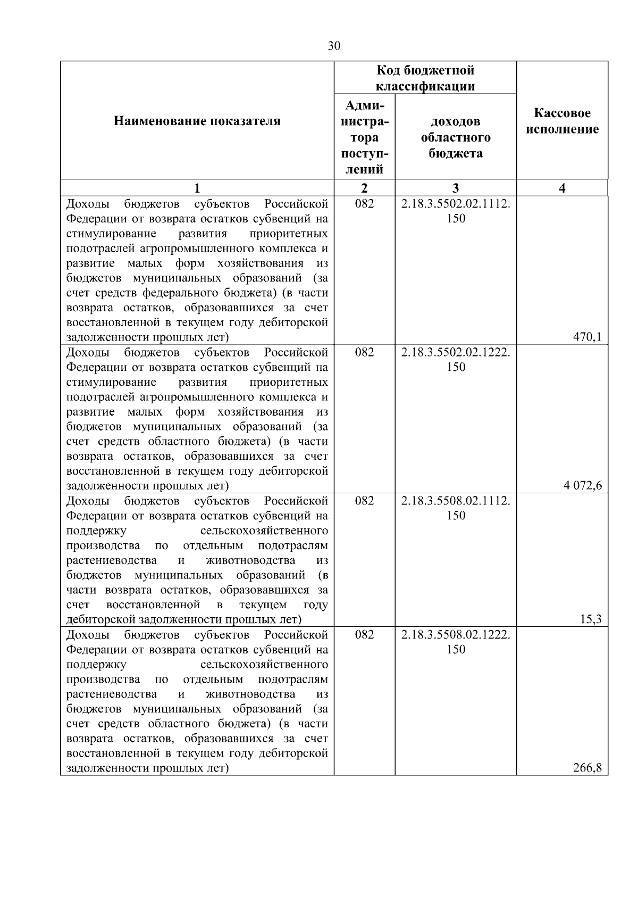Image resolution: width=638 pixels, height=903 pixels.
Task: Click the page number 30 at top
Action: coord(334,46)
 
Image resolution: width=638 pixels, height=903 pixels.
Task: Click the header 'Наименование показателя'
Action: coord(197,121)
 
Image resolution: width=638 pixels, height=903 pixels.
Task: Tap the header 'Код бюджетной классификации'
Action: coord(425,78)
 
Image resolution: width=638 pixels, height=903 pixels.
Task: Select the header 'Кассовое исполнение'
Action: coord(562,121)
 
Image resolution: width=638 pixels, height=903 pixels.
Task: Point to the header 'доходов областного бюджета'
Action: coord(456,137)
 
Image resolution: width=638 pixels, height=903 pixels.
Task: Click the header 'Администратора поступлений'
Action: coord(364,137)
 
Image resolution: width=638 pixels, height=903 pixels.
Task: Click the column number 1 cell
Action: coord(197,188)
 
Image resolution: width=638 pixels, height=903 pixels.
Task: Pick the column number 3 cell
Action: coord(456,188)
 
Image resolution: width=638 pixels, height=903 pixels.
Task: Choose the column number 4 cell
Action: coord(562,188)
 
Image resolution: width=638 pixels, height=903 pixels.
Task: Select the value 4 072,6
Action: coord(583,485)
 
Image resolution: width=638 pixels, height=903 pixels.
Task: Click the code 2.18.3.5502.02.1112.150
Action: coord(456,211)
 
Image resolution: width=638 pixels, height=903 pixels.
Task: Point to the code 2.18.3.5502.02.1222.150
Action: coord(456,359)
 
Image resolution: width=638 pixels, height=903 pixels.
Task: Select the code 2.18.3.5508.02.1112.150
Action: coord(456,508)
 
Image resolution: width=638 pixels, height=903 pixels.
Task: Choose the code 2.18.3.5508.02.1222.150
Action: coord(456,642)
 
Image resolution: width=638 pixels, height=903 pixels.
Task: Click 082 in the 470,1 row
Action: coord(364,204)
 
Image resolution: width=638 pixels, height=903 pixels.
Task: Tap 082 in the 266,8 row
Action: coord(364,634)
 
